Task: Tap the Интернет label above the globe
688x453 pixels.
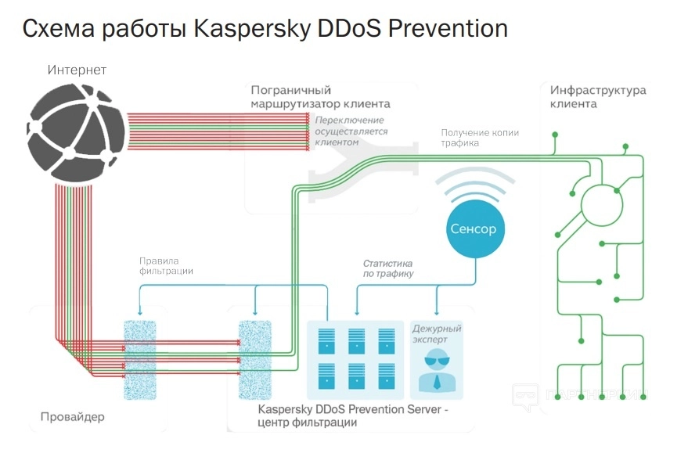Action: [x=77, y=70]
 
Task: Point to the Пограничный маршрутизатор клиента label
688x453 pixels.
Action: [x=319, y=97]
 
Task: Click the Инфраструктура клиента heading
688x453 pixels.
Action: [x=598, y=96]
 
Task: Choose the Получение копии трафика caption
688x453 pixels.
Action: [x=480, y=138]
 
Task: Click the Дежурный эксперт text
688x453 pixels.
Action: [x=437, y=335]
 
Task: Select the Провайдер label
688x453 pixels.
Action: [x=72, y=416]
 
